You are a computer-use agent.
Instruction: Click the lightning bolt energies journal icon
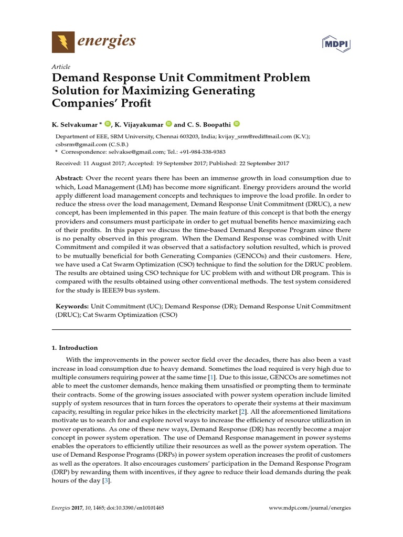coord(63,41)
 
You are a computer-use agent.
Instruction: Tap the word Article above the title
coord(61,67)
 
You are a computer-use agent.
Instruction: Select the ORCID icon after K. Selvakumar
coord(108,124)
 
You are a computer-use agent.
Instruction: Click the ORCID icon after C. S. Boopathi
coord(236,124)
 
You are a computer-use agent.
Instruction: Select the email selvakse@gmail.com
coord(129,151)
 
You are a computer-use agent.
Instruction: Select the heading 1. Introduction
coord(76,348)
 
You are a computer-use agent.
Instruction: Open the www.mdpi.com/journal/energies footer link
coord(309,508)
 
